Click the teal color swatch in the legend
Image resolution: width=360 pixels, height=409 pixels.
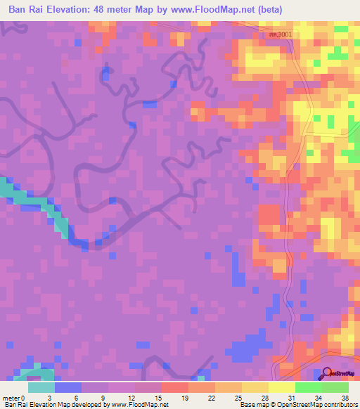pos(41,387)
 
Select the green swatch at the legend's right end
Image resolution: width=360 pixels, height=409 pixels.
pos(335,387)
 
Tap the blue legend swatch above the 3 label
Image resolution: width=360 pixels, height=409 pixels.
pos(68,387)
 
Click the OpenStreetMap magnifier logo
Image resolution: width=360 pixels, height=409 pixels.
pos(328,374)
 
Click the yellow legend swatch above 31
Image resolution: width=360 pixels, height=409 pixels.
pos(282,387)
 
